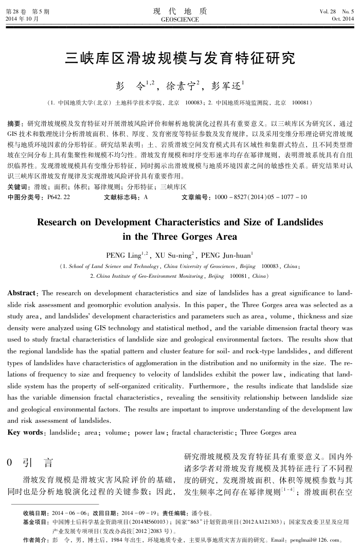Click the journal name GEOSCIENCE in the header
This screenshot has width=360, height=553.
pyautogui.click(x=180, y=19)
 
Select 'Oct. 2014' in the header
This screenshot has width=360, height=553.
pyautogui.click(x=343, y=19)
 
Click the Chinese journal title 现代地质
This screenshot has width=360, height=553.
pyautogui.click(x=180, y=11)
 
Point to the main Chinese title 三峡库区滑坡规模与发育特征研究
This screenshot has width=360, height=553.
pyautogui.click(x=180, y=58)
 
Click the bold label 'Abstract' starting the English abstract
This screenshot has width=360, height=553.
pyautogui.click(x=21, y=293)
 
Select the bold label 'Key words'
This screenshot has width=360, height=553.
pyautogui.click(x=24, y=433)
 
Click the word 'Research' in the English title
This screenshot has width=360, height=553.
pyautogui.click(x=58, y=222)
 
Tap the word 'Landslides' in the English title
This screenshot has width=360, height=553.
pyautogui.click(x=300, y=222)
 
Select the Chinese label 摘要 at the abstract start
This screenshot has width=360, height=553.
pyautogui.click(x=14, y=124)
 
